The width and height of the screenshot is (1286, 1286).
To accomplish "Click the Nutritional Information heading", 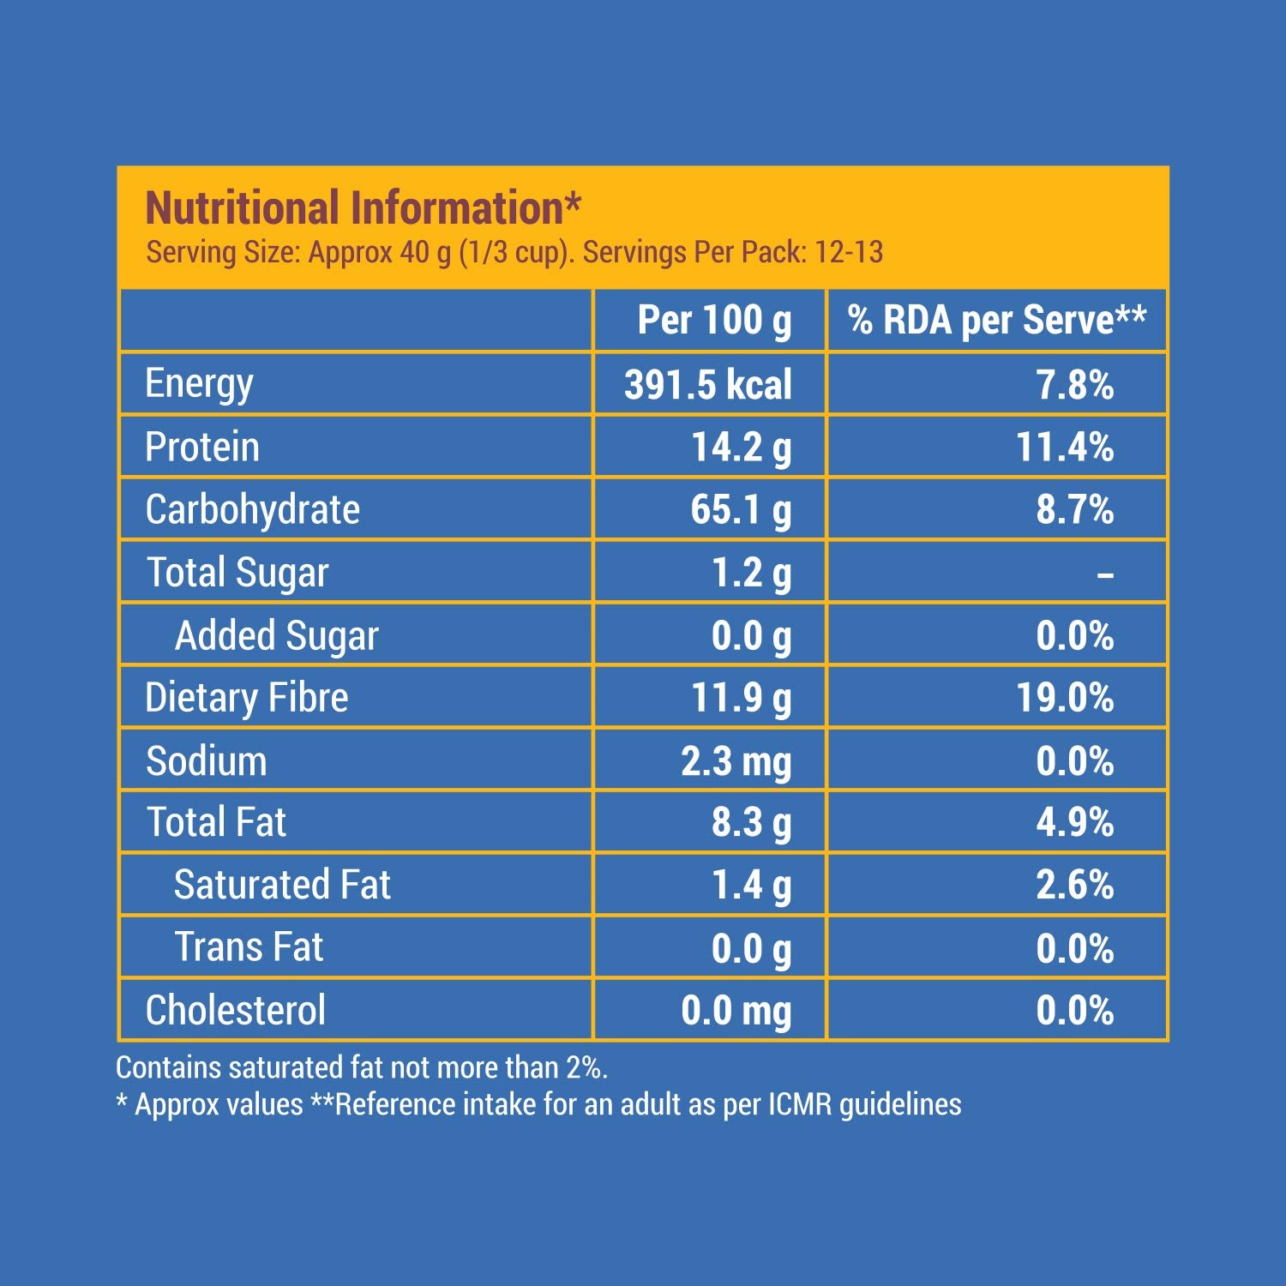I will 363,208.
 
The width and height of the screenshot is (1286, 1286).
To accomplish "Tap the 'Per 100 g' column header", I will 714,321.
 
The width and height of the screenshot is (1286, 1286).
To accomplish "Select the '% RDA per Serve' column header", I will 996,321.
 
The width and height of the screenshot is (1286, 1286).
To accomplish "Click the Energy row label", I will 199,383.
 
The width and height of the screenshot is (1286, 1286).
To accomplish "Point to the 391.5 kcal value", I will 707,384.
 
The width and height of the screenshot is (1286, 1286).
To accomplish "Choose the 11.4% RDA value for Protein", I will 1065,447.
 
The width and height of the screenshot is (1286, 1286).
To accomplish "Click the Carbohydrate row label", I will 252,510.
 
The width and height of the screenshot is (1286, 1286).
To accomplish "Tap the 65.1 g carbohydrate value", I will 741,510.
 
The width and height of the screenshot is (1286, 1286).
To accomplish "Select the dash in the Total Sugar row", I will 1105,574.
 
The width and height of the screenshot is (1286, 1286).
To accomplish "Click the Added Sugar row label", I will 276,636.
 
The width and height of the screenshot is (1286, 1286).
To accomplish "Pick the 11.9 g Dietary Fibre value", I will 741,698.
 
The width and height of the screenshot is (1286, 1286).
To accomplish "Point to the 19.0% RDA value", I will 1065,698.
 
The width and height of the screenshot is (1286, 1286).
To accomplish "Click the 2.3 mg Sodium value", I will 736,761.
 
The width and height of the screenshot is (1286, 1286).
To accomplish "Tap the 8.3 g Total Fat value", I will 751,823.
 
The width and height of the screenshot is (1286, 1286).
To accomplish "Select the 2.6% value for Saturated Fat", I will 1074,885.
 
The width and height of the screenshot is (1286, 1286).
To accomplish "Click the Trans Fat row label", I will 249,947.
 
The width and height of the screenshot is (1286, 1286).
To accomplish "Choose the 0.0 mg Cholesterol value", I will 736,1011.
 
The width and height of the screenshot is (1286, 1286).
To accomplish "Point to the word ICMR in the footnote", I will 800,1104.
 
